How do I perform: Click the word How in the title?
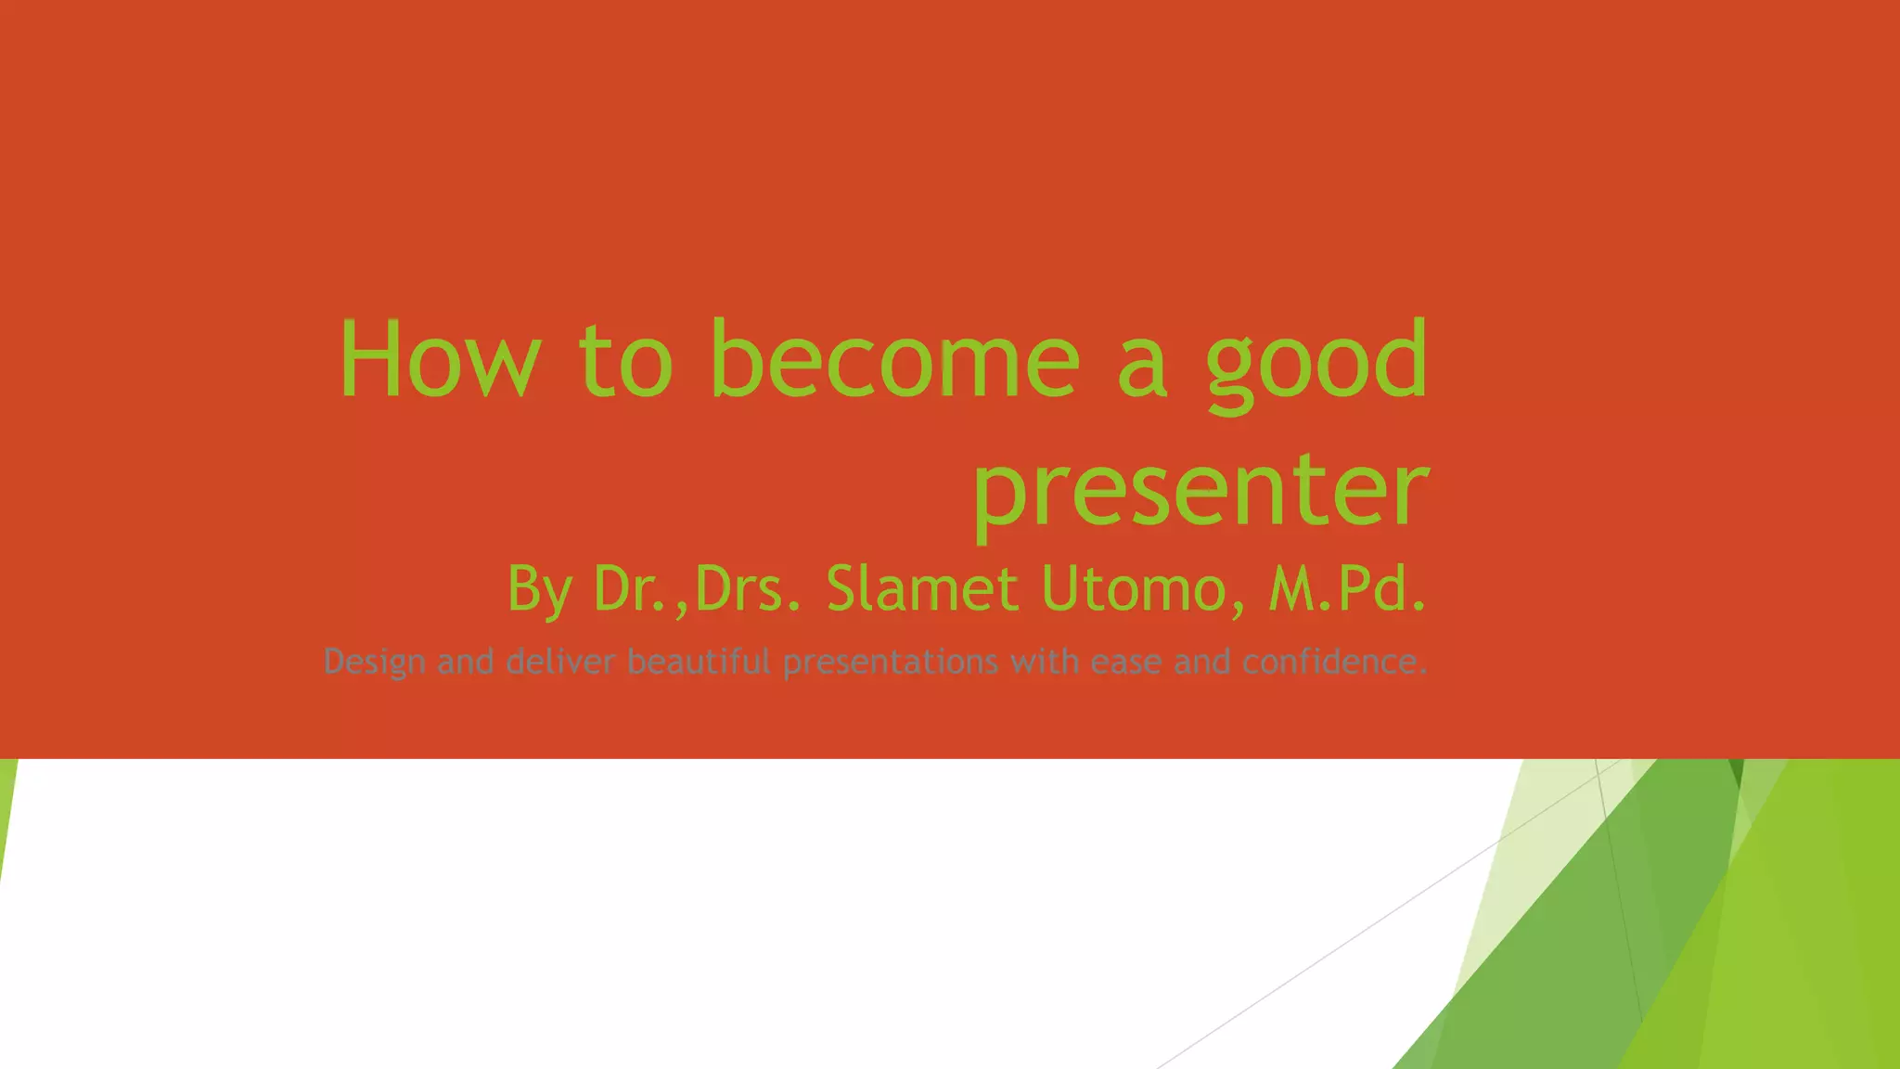439,360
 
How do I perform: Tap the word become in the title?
895,360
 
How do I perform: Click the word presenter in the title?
1200,490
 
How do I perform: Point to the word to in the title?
625,362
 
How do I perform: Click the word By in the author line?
539,589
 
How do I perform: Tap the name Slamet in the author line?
922,589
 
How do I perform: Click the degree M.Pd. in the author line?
1346,589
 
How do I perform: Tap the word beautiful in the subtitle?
699,662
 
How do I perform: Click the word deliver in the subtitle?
560,662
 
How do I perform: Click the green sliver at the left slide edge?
6,798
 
